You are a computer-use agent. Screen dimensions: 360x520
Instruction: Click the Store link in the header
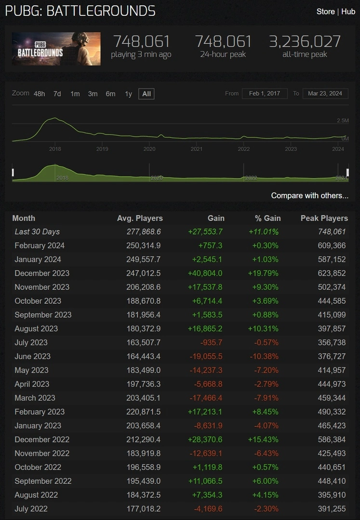[x=325, y=12]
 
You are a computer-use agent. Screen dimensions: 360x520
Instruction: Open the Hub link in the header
[x=348, y=12]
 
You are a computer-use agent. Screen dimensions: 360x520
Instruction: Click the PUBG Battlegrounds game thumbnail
[x=56, y=49]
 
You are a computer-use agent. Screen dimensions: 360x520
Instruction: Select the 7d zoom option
[x=57, y=94]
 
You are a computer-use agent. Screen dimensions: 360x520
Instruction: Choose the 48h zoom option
[x=39, y=94]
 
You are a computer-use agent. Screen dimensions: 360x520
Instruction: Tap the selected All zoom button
[x=147, y=94]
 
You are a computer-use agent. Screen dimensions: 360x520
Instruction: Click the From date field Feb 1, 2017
[x=265, y=93]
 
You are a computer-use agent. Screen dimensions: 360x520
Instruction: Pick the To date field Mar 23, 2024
[x=325, y=93]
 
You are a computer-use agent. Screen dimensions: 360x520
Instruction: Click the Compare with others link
[x=309, y=195]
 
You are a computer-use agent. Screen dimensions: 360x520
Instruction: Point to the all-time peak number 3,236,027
[x=305, y=41]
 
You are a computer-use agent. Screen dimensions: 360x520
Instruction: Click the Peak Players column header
[x=324, y=218]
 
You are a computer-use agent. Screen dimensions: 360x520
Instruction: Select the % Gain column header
[x=268, y=218]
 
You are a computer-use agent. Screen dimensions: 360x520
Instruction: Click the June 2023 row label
[x=32, y=356]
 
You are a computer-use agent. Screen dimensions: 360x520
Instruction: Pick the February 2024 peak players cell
[x=332, y=246]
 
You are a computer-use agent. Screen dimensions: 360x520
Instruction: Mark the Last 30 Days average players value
[x=144, y=232]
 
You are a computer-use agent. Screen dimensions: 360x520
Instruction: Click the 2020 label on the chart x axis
[x=149, y=149]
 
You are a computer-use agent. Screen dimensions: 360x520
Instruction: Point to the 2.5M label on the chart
[x=343, y=120]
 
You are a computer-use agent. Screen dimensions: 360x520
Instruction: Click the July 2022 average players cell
[x=143, y=509]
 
